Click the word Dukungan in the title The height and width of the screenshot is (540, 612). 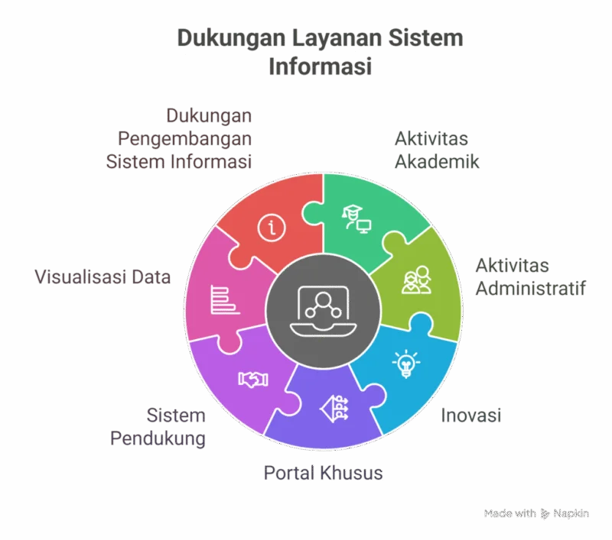point(231,38)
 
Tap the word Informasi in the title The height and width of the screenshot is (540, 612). point(320,66)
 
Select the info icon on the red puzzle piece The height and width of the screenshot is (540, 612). point(272,228)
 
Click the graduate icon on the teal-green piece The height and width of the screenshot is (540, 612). point(356,219)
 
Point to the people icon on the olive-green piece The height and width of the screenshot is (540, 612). point(416,280)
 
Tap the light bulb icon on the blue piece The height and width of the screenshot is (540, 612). point(406,364)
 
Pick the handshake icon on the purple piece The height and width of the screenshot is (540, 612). point(253,379)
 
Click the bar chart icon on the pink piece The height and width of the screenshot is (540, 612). point(225,299)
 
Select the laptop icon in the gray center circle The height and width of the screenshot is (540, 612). point(323,311)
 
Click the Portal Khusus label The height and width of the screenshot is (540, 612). point(323,473)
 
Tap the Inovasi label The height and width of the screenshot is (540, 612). point(471,416)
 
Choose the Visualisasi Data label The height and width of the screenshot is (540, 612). point(103,277)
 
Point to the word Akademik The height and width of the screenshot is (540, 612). point(437,162)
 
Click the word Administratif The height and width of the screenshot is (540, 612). point(531,288)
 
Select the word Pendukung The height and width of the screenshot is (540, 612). point(158,438)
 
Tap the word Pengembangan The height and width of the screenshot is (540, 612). point(184,139)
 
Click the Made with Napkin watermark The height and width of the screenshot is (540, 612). point(536,513)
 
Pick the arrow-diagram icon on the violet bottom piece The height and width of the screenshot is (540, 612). point(334,409)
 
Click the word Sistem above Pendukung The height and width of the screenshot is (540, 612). point(176,416)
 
